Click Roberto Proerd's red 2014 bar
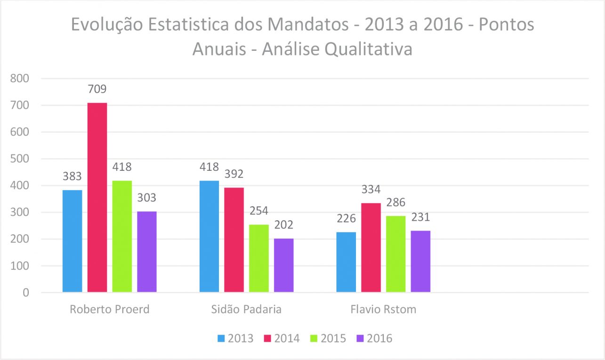pyautogui.click(x=97, y=198)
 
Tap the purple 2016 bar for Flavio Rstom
pyautogui.click(x=420, y=261)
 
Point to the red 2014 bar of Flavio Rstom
pyautogui.click(x=371, y=248)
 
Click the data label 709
pyautogui.click(x=97, y=89)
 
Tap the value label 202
pyautogui.click(x=283, y=225)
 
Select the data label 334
pyautogui.click(x=371, y=190)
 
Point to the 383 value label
pyautogui.click(x=73, y=176)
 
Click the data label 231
pyautogui.click(x=420, y=217)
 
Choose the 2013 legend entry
pyautogui.click(x=235, y=338)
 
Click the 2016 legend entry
pyautogui.click(x=374, y=338)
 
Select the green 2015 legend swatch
pyautogui.click(x=314, y=338)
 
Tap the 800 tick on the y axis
pyautogui.click(x=20, y=79)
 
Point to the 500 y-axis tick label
pyautogui.click(x=20, y=159)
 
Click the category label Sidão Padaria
pyautogui.click(x=246, y=310)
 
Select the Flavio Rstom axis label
pyautogui.click(x=383, y=310)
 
